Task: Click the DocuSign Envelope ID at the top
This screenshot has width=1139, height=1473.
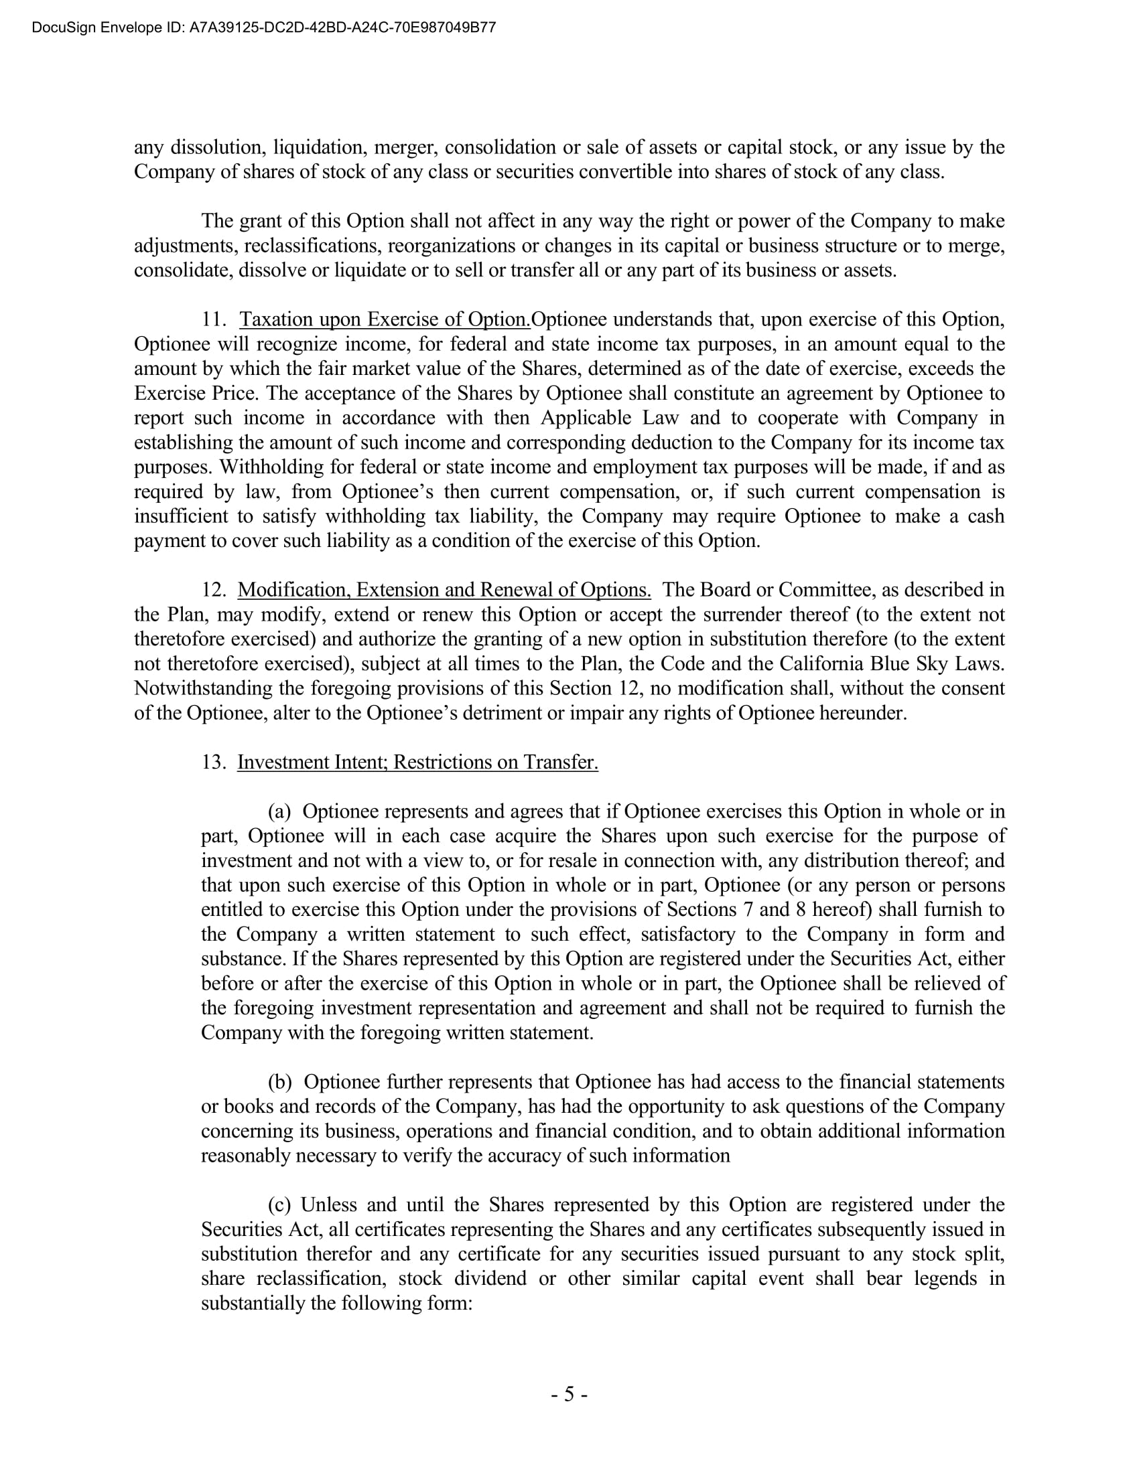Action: coord(264,27)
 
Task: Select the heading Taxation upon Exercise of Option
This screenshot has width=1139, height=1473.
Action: coord(385,319)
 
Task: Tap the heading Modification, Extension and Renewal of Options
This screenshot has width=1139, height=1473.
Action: coord(444,589)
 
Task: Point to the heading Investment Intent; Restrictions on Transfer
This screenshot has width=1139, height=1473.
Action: coord(417,762)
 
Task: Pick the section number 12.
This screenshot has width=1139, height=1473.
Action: coord(214,589)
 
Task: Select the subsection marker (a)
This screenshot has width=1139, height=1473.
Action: coord(279,811)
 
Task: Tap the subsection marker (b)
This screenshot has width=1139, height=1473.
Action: coord(280,1082)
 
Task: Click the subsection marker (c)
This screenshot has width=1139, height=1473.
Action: coord(279,1205)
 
